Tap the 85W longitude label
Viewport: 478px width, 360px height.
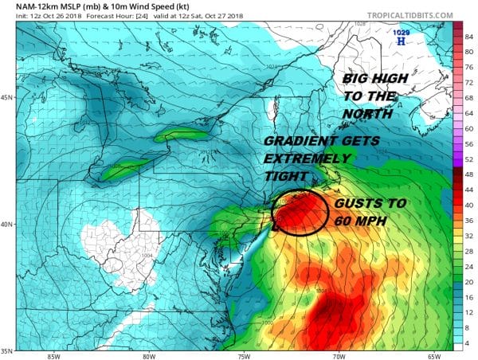tap(54, 355)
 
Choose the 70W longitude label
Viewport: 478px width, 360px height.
tap(339, 355)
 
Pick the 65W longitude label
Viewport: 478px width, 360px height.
tap(433, 355)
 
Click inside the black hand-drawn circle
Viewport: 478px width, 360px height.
tap(300, 211)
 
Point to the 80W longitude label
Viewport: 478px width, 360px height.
tap(149, 355)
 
